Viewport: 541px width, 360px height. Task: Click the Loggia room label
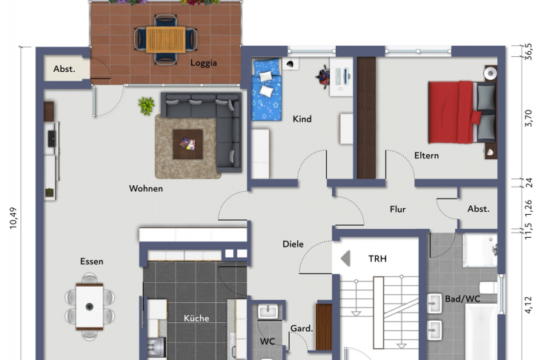(204, 63)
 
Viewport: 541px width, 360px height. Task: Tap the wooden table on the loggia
(165, 40)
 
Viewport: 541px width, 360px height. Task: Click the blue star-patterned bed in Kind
(266, 90)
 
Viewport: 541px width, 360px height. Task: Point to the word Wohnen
(146, 189)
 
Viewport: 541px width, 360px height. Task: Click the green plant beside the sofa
(146, 106)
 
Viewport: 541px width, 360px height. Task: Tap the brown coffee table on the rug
(187, 144)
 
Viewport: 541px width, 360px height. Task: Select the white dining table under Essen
(90, 307)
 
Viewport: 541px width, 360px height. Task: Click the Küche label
(196, 318)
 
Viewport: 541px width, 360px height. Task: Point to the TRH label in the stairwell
(377, 259)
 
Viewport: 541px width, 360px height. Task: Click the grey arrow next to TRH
(345, 259)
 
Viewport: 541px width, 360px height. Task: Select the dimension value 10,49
(13, 218)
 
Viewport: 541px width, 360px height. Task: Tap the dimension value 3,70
(528, 118)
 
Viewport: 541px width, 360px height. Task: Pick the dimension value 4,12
(528, 305)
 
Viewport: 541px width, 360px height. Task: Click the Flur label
(398, 210)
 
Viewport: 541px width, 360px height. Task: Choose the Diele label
(293, 244)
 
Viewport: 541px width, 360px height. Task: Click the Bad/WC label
(462, 299)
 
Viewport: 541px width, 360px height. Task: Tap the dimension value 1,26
(528, 208)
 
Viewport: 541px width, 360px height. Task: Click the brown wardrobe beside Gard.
(324, 327)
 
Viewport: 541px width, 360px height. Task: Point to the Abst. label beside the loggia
(64, 69)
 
